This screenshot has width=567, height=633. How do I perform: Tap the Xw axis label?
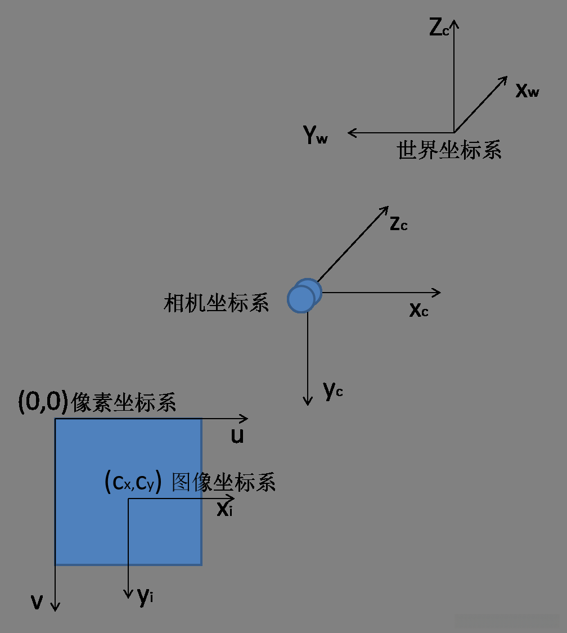[x=527, y=91]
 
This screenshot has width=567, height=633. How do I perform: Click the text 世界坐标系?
[x=449, y=151]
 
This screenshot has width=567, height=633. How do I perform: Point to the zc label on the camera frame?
[x=398, y=223]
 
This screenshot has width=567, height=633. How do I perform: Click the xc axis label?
[x=418, y=309]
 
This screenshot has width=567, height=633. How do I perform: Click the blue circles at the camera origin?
[x=304, y=295]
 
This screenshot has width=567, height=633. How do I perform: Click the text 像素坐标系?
[x=124, y=403]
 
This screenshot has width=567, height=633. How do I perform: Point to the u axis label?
[x=237, y=436]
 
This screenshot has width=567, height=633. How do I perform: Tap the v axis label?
[x=37, y=603]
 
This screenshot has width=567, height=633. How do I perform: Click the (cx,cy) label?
[x=133, y=482]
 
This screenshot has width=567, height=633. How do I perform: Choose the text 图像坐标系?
[x=223, y=482]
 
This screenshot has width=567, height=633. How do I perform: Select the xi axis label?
[x=225, y=510]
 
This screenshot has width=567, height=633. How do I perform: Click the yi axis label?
[x=146, y=596]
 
